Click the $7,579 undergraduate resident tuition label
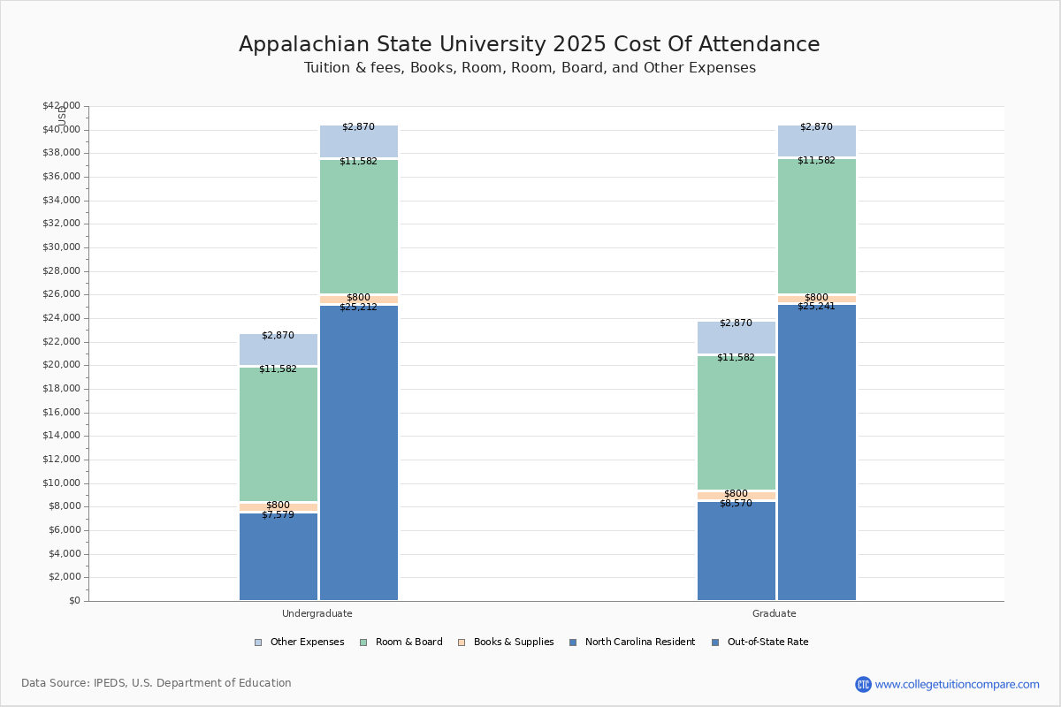pyautogui.click(x=278, y=514)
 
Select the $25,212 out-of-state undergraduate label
pyautogui.click(x=358, y=307)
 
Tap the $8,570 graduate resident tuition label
pyautogui.click(x=736, y=503)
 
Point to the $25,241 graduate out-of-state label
pyautogui.click(x=816, y=306)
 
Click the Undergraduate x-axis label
pyautogui.click(x=317, y=613)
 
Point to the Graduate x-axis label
pyautogui.click(x=775, y=613)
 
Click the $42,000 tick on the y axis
pyautogui.click(x=61, y=106)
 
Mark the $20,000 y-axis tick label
pyautogui.click(x=61, y=365)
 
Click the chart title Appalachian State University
pyautogui.click(x=529, y=44)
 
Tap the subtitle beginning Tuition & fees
pyautogui.click(x=530, y=68)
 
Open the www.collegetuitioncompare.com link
pyautogui.click(x=957, y=684)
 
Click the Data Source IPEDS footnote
pyautogui.click(x=156, y=683)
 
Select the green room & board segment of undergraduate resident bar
pyautogui.click(x=279, y=433)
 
